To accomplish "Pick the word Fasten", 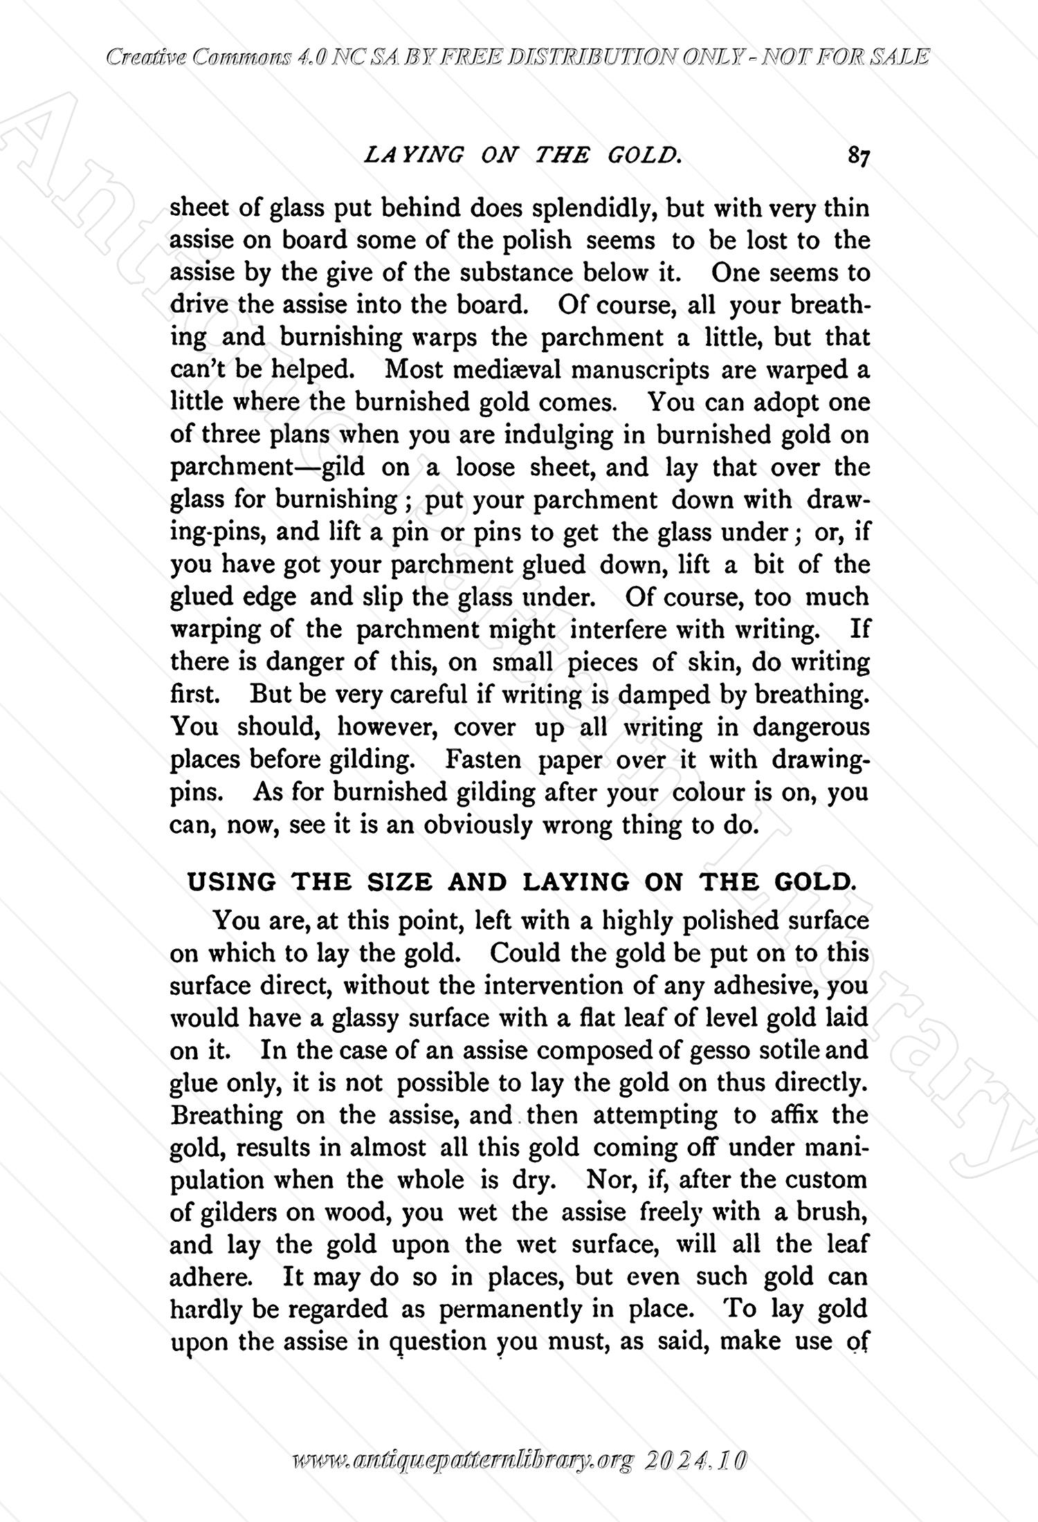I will coord(482,760).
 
